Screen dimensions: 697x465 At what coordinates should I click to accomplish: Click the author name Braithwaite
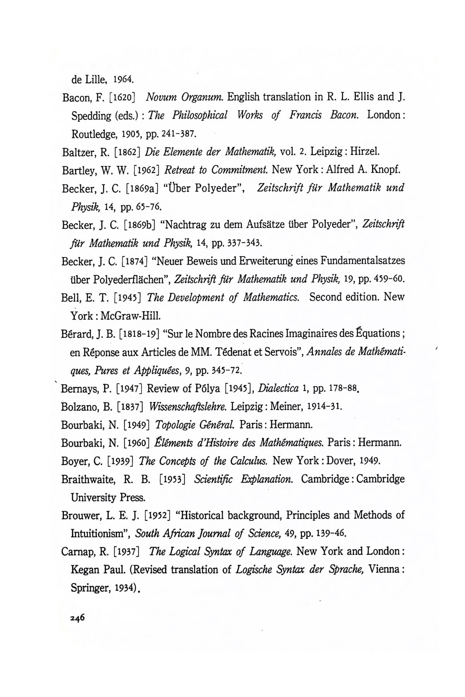pyautogui.click(x=88, y=479)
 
